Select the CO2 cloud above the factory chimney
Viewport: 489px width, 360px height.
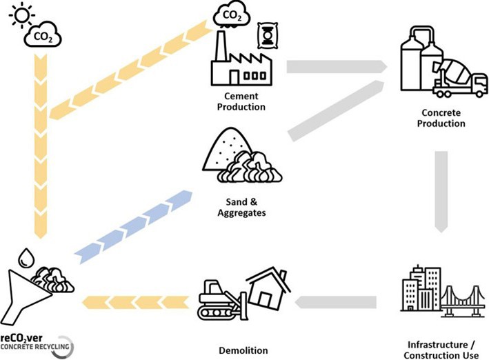tap(234, 16)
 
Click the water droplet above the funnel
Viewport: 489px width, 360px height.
tap(25, 257)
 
